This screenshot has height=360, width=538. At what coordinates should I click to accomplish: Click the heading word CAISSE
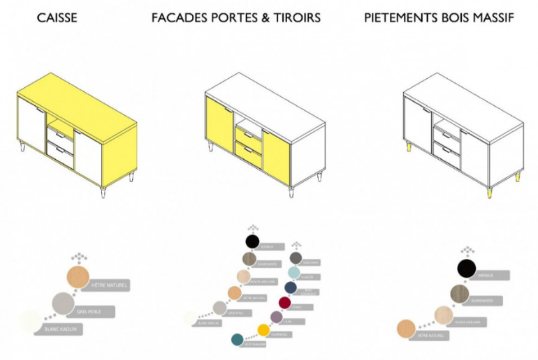click(x=57, y=17)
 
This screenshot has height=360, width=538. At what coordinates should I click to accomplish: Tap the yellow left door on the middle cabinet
click(x=219, y=124)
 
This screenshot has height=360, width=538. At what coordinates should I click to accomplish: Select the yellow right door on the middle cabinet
click(x=276, y=158)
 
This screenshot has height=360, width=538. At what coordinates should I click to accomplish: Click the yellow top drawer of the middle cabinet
click(x=249, y=136)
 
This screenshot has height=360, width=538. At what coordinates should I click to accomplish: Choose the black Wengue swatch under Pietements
click(x=467, y=268)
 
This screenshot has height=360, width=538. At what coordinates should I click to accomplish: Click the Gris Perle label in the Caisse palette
click(x=94, y=310)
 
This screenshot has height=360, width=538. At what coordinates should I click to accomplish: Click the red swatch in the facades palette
click(x=284, y=303)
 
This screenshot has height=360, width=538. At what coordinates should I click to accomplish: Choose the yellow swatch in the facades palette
click(x=263, y=330)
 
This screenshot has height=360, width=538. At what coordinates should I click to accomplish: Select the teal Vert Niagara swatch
click(x=238, y=340)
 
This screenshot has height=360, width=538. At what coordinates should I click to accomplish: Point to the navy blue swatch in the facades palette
click(x=291, y=287)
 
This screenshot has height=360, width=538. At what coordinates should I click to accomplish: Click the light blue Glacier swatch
click(x=295, y=272)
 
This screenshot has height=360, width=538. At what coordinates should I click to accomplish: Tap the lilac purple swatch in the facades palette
click(x=276, y=317)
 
